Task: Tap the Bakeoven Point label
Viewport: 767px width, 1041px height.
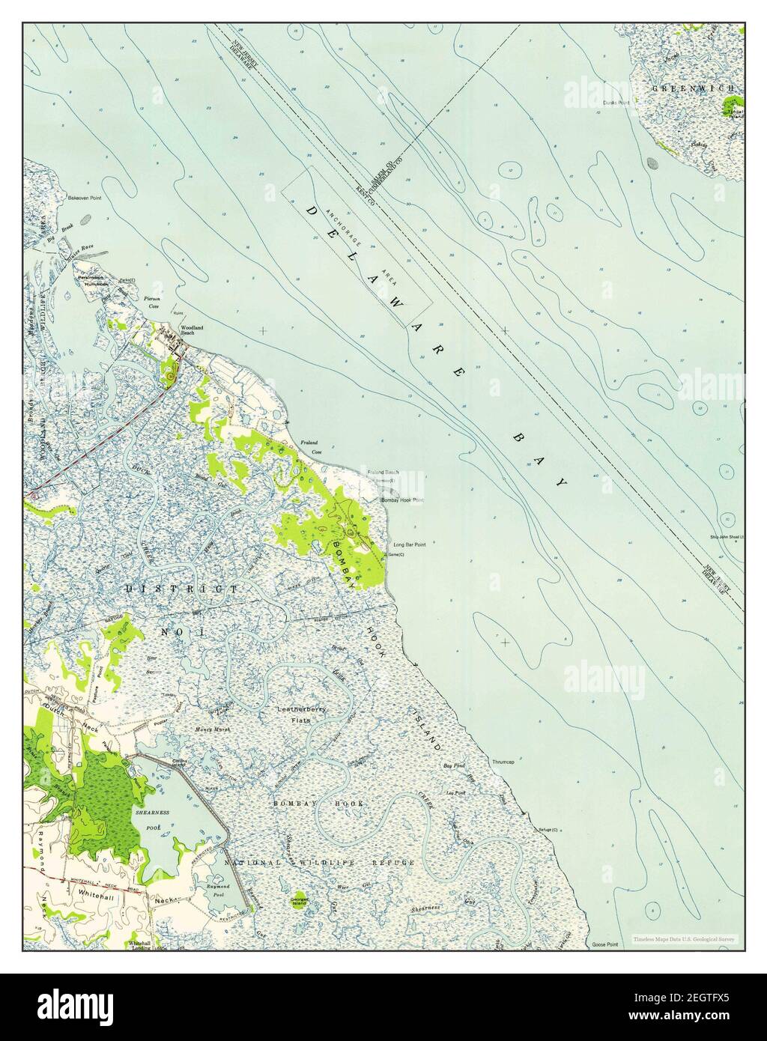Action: point(84,198)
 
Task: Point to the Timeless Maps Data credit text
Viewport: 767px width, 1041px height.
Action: point(683,939)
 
